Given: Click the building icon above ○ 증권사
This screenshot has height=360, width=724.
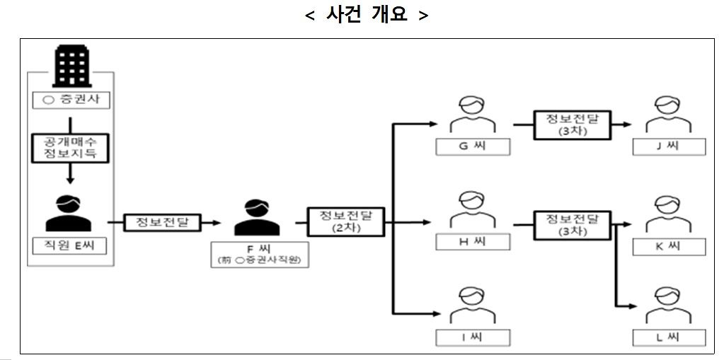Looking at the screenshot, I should (70, 66).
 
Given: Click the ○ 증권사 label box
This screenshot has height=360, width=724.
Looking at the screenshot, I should (71, 100).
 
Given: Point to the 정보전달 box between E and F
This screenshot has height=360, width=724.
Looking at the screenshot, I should (162, 222).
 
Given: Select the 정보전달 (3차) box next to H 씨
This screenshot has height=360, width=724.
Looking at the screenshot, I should (570, 224).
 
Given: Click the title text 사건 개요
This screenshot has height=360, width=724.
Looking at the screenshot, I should (367, 15).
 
